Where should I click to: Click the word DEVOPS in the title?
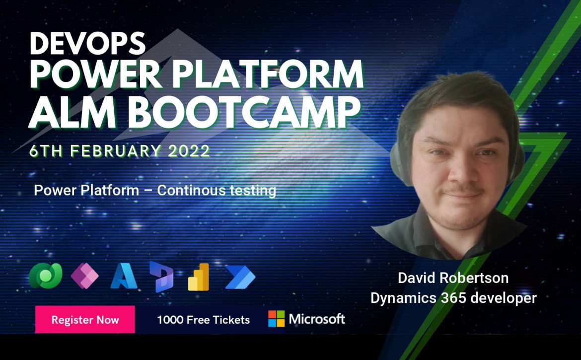click(87, 43)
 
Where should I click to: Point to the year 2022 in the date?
click(189, 151)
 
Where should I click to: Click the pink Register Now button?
click(85, 320)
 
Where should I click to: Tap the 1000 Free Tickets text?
click(204, 320)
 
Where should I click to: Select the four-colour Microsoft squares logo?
click(277, 319)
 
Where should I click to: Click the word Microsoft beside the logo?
click(317, 319)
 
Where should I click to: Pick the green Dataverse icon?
click(46, 276)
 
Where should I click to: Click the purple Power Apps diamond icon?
click(85, 276)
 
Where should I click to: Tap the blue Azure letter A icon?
click(124, 276)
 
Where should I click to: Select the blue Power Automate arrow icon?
click(240, 277)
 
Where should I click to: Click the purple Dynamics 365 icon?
click(161, 277)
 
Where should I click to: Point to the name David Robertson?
click(453, 278)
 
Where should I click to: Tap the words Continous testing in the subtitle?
click(217, 190)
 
